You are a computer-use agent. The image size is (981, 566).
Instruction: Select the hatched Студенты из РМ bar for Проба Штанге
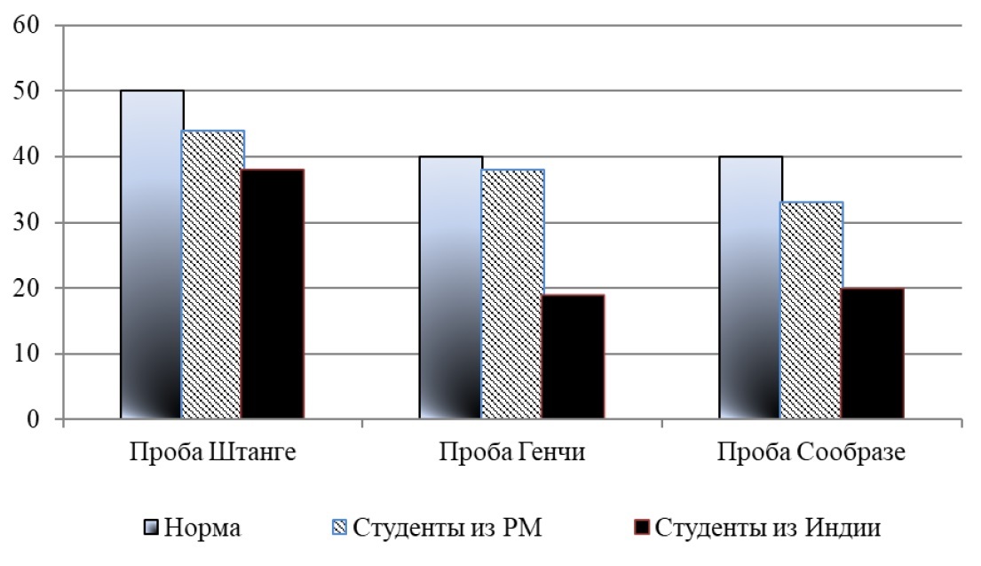pos(212,275)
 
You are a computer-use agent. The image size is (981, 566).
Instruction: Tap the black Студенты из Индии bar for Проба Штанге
pos(273,294)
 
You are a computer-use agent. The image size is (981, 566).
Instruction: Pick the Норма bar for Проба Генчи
pos(451,288)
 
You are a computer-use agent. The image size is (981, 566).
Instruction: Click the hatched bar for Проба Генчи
pos(512,294)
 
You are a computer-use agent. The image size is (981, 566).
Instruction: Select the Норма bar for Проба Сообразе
pos(750,288)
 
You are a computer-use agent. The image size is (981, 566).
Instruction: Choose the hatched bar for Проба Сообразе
pos(811,311)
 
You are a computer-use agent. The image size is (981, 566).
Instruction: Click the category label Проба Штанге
pos(212,450)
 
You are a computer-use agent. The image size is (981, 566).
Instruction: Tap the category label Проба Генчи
pos(511,450)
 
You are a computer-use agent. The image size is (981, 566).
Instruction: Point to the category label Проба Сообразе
pos(811,450)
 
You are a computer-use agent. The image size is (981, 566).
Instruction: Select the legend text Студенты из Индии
pos(769,529)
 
